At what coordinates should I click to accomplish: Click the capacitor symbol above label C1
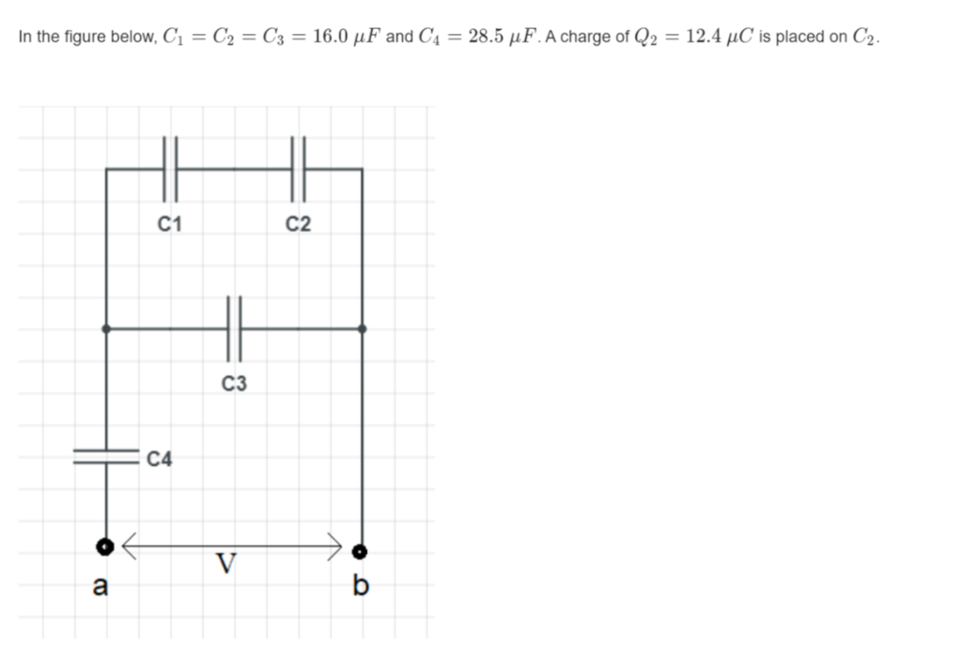[x=170, y=168]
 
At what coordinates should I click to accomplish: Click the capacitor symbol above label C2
[x=299, y=168]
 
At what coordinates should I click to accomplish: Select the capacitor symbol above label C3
[x=234, y=328]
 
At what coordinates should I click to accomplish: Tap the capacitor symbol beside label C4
[x=105, y=455]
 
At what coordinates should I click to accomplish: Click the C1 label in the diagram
[x=170, y=224]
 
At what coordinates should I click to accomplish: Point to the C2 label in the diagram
[x=299, y=224]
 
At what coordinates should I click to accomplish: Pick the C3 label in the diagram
[x=234, y=384]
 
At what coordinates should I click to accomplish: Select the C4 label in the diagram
[x=160, y=459]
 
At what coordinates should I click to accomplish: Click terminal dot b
[x=360, y=551]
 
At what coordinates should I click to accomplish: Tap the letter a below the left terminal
[x=100, y=588]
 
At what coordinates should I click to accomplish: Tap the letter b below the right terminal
[x=360, y=588]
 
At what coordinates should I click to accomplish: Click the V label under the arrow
[x=225, y=564]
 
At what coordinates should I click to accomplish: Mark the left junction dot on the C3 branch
[x=105, y=329]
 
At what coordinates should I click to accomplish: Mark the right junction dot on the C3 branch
[x=362, y=329]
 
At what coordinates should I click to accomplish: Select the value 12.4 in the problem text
[x=705, y=38]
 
